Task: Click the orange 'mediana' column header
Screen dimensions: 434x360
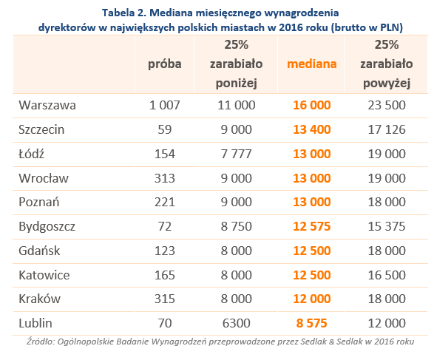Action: point(312,64)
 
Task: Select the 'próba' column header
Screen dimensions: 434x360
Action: point(165,64)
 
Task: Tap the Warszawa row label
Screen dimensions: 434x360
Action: point(47,106)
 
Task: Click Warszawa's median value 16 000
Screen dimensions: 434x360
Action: point(312,106)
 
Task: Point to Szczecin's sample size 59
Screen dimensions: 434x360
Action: point(165,129)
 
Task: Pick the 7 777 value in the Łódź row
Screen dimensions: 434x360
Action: point(236,154)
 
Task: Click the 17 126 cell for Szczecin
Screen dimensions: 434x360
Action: point(387,129)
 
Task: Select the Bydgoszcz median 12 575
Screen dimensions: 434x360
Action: point(312,226)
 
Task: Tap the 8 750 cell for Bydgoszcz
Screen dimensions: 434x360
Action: point(236,226)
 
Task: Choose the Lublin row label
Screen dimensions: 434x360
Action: point(35,323)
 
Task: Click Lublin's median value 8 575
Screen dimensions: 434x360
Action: point(312,323)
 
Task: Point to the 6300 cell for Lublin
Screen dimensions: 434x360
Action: point(236,323)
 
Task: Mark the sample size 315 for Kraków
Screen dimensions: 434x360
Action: point(165,299)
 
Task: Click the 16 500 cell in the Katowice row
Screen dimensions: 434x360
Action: point(387,275)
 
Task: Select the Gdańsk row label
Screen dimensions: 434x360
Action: point(39,251)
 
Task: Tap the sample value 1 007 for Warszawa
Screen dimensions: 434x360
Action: point(165,106)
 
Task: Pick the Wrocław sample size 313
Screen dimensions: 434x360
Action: point(165,178)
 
